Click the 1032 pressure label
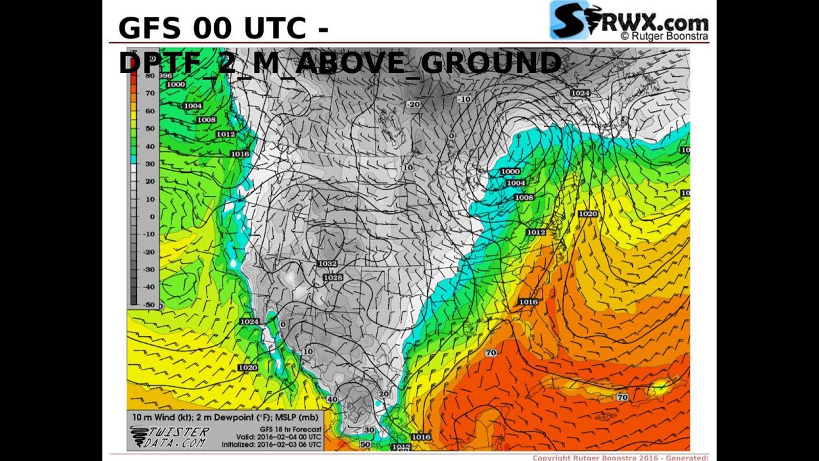(327, 264)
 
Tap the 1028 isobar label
(333, 278)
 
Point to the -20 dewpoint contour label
(413, 104)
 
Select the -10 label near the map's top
(465, 99)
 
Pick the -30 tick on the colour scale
(149, 270)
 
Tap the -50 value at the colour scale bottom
(149, 305)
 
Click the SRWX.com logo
(629, 20)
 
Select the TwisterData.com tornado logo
(170, 437)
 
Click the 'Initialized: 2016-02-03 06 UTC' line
(272, 444)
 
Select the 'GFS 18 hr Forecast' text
(290, 429)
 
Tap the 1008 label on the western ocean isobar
(206, 120)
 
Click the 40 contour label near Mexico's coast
(332, 400)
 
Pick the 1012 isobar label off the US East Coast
(536, 232)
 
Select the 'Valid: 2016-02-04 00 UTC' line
(279, 437)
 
